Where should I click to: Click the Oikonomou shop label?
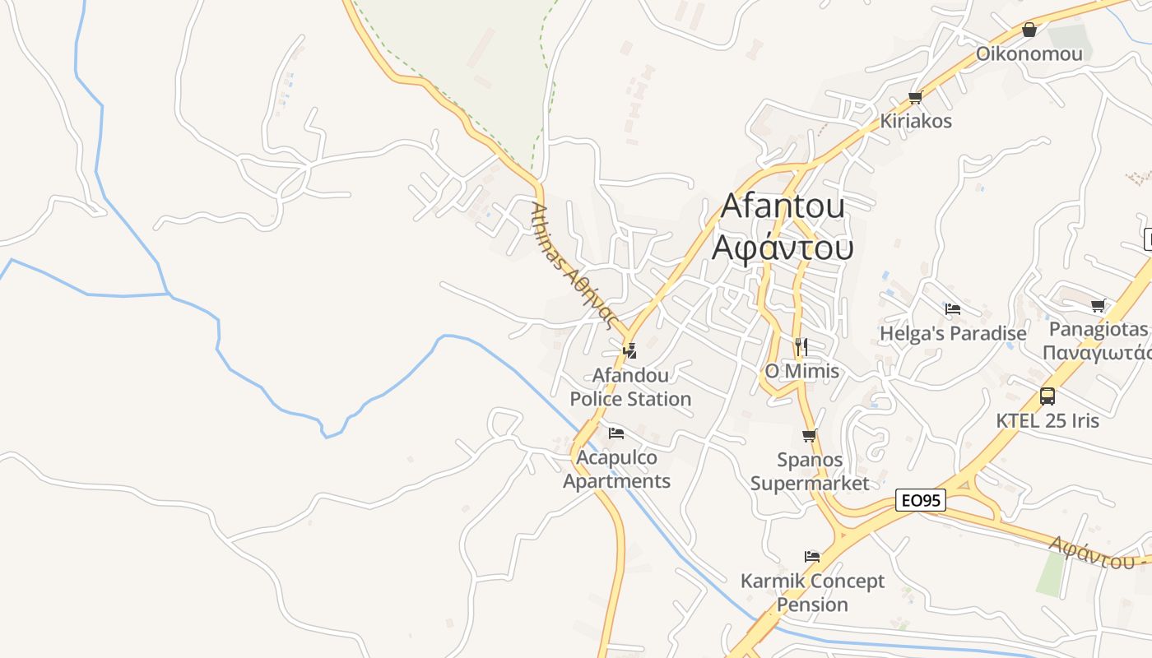(x=1029, y=54)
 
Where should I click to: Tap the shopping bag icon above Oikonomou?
(x=1029, y=30)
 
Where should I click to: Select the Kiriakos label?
(x=916, y=121)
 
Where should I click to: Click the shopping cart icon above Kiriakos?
(x=915, y=98)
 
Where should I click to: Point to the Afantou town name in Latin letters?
(x=783, y=206)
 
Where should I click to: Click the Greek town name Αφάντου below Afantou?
(x=783, y=247)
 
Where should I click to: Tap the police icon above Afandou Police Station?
(x=630, y=351)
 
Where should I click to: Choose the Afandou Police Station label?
(x=630, y=387)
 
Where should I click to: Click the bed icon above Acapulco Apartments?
(x=616, y=433)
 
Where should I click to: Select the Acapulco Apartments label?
(x=616, y=470)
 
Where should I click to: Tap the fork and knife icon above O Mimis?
(x=801, y=346)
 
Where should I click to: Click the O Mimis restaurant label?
(x=802, y=371)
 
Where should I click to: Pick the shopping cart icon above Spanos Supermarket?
(x=810, y=436)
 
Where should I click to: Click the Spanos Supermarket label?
(x=810, y=471)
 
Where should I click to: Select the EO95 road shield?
(x=921, y=500)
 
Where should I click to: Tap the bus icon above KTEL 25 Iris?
(x=1047, y=396)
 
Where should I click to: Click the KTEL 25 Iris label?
(x=1047, y=420)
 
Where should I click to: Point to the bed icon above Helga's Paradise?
(x=953, y=309)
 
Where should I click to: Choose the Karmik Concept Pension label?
(x=812, y=593)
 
